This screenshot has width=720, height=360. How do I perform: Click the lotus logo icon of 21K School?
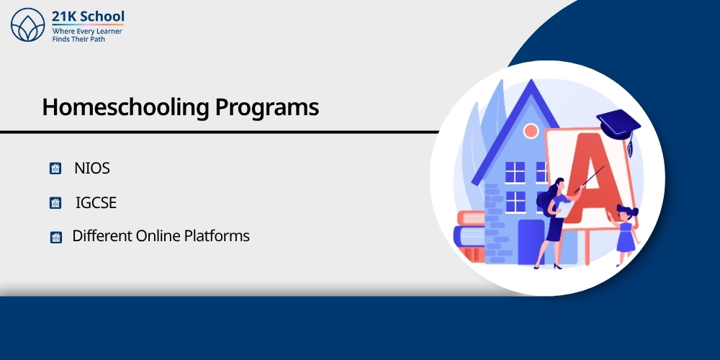tap(28, 26)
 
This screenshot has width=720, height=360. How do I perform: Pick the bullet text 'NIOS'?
tap(91, 168)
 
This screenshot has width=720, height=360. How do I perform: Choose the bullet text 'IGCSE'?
tap(96, 203)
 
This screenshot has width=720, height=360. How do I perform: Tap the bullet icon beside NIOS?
tap(55, 169)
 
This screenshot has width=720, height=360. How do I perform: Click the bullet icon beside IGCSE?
tap(55, 204)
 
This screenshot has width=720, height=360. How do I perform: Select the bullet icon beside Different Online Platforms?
tap(55, 237)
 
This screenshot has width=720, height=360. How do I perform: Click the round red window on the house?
tap(531, 131)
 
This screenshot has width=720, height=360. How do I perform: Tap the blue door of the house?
tap(531, 241)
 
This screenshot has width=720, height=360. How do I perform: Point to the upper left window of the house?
tap(515, 171)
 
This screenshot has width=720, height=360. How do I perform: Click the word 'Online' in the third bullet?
tap(160, 235)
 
